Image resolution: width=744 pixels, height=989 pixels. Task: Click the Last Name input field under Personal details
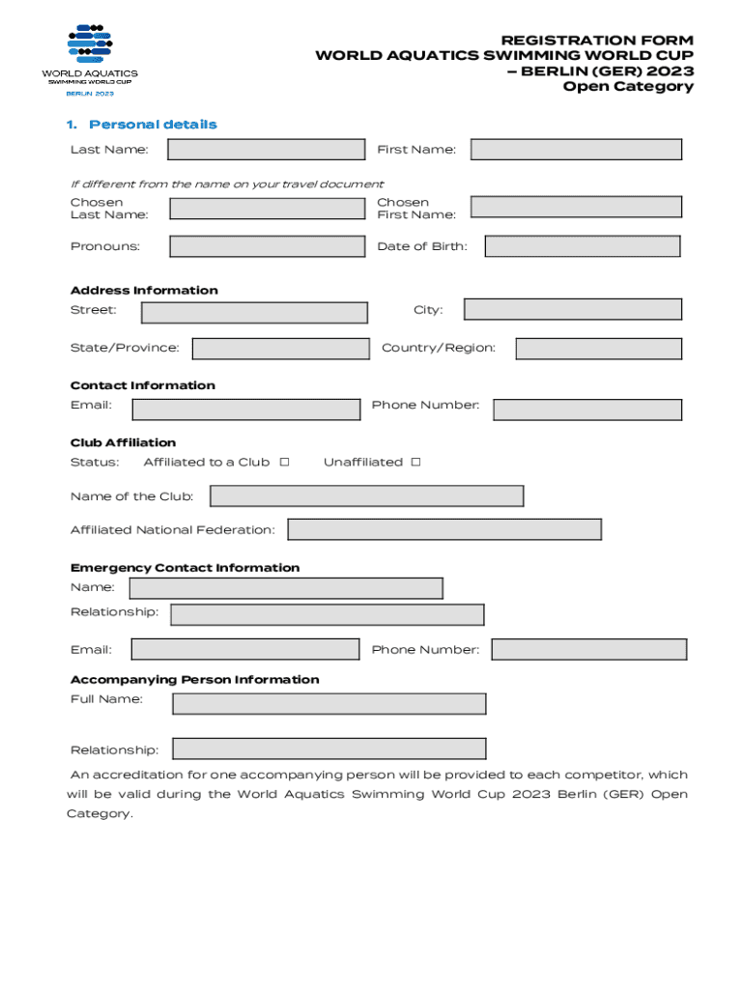coord(267,150)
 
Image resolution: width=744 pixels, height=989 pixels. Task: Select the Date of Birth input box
coord(582,246)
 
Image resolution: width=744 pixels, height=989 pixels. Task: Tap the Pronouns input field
coord(268,246)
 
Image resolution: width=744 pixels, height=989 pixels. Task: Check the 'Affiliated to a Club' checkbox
coord(284,462)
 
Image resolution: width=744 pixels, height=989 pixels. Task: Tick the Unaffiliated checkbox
coord(415,462)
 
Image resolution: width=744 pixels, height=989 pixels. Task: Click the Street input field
coord(254,312)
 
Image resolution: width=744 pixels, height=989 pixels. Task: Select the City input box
coord(572,309)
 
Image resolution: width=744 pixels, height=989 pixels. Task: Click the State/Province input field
coord(280,349)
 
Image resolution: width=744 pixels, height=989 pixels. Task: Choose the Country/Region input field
coord(598,349)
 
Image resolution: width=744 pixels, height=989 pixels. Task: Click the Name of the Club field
coord(366,496)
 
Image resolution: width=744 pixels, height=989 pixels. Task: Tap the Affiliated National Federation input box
coord(444,529)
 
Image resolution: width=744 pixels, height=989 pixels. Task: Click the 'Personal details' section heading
coord(153,125)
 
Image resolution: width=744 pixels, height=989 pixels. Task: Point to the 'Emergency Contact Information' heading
coord(185,568)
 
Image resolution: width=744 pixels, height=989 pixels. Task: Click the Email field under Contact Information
coord(245,410)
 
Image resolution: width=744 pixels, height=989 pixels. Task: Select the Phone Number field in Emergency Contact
coord(588,649)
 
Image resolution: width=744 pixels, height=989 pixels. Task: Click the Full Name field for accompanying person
coord(329,703)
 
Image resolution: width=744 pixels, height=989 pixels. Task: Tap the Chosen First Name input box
coord(576,207)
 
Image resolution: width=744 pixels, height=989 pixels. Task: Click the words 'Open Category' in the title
coord(628,87)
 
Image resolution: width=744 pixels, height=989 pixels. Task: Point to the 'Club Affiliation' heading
coord(123,442)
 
